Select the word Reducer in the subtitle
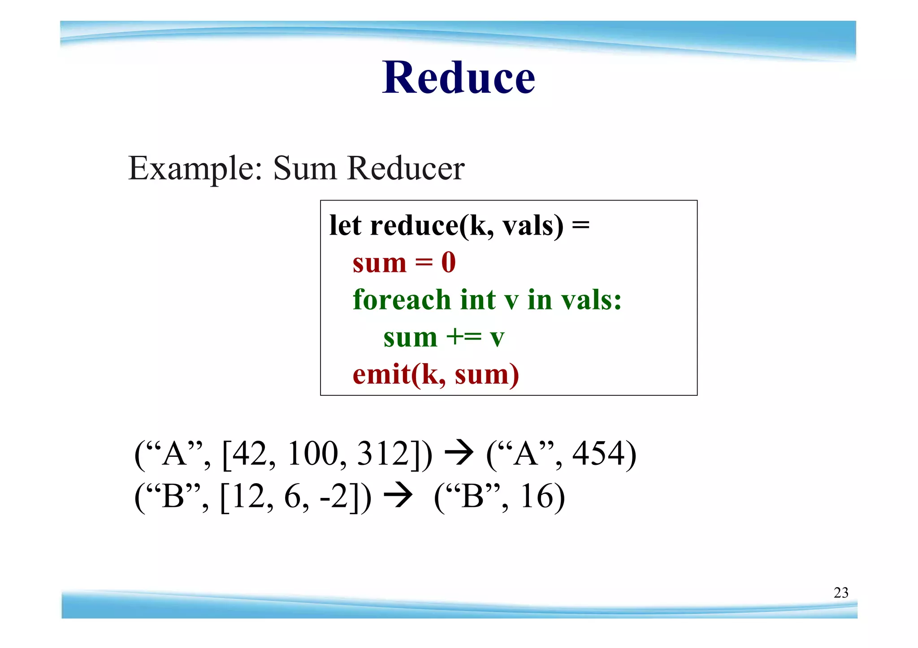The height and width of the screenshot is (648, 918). (406, 169)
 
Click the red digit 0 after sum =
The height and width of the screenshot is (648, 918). (448, 262)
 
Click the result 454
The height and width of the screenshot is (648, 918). (598, 454)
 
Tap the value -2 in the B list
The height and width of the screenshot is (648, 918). (334, 497)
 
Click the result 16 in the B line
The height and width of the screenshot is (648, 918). (536, 497)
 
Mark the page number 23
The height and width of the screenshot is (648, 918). (841, 592)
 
